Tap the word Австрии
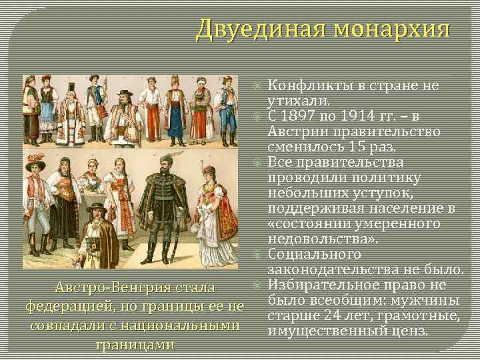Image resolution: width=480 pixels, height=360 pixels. click(297, 131)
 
